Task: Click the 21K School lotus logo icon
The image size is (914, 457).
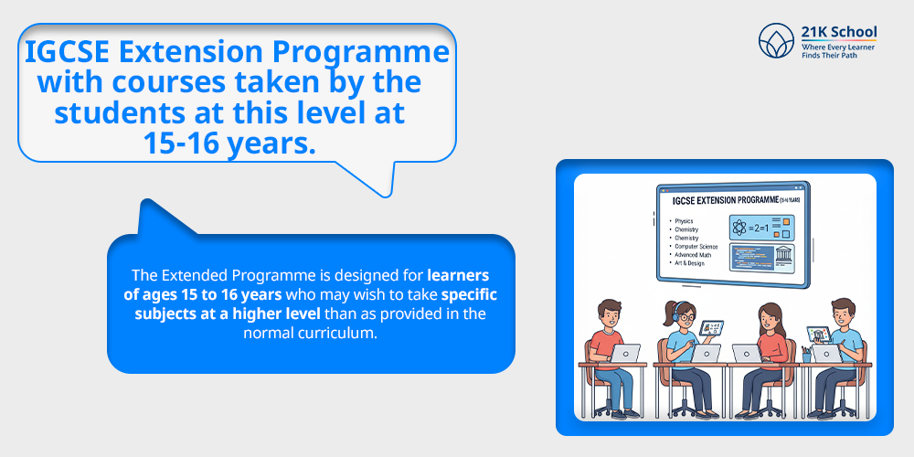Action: (776, 41)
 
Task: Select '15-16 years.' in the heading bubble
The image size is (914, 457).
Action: (229, 142)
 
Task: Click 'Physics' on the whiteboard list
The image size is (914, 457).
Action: (683, 221)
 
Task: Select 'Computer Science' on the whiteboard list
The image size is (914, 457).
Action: (696, 247)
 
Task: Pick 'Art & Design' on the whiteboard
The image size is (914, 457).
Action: (689, 263)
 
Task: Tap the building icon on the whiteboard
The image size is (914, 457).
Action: (782, 255)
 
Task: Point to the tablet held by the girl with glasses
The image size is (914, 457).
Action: (711, 327)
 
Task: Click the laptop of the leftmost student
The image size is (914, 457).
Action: (627, 353)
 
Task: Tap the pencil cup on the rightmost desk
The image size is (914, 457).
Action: (806, 353)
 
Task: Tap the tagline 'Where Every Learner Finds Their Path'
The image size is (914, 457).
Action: (838, 52)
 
